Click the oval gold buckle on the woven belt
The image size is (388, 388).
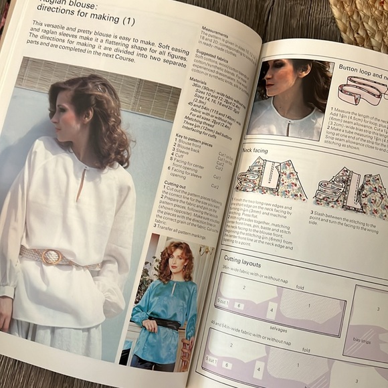(x=52, y=256)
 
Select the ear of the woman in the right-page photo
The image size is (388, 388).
(x=293, y=80)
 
